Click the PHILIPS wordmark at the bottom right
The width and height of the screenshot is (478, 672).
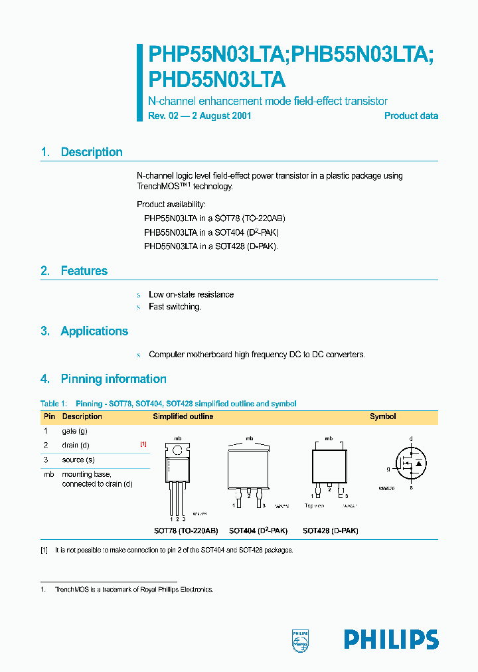click(391, 639)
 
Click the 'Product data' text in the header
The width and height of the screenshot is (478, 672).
click(411, 116)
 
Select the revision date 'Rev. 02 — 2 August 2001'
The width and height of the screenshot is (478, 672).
click(199, 116)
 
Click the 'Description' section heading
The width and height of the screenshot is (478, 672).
click(91, 152)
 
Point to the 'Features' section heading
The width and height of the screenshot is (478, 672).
click(84, 271)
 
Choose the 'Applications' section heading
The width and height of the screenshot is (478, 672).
click(94, 331)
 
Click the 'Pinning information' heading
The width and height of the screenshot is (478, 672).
click(113, 379)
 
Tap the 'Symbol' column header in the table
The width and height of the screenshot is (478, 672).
click(382, 416)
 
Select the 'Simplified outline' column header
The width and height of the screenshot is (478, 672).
click(183, 416)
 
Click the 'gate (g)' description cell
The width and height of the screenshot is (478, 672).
click(75, 431)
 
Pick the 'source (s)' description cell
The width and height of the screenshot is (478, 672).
click(78, 460)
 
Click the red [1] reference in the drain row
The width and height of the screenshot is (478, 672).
click(143, 445)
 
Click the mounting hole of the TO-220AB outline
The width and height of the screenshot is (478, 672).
click(178, 450)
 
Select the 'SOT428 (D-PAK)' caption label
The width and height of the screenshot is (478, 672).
click(330, 531)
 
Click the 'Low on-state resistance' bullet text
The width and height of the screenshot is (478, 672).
click(191, 294)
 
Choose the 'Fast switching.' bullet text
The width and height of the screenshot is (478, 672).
click(175, 307)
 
